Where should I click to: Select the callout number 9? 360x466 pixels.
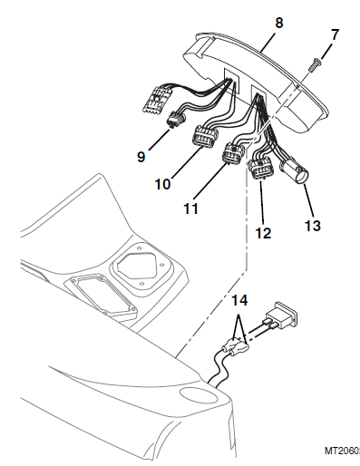(x=141, y=155)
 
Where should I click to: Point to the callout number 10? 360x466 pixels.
(x=162, y=182)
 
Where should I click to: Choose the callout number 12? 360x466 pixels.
(x=262, y=232)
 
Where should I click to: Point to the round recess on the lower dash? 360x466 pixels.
(x=195, y=395)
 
